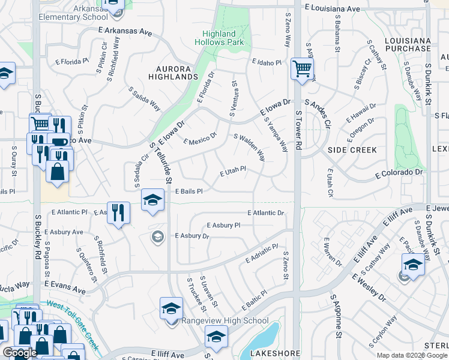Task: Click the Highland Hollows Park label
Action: [219, 38]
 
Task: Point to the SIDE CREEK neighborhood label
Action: [352, 149]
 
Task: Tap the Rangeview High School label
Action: [226, 320]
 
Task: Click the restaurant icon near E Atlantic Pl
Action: [118, 212]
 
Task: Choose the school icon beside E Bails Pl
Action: [153, 199]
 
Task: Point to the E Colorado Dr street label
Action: [399, 173]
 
